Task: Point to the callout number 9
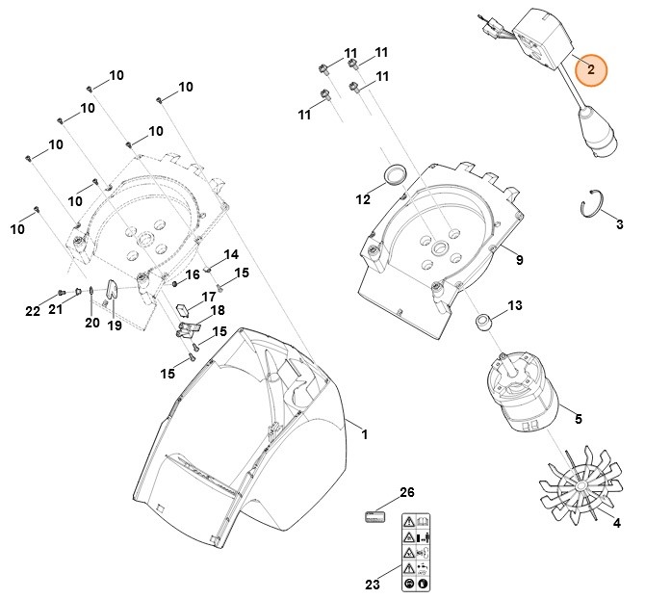519,260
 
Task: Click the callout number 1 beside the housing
364,435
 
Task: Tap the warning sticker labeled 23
415,559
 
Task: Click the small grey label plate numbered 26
374,516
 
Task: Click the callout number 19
115,326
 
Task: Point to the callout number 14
231,254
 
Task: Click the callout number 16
193,274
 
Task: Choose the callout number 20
91,323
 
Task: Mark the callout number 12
363,200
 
